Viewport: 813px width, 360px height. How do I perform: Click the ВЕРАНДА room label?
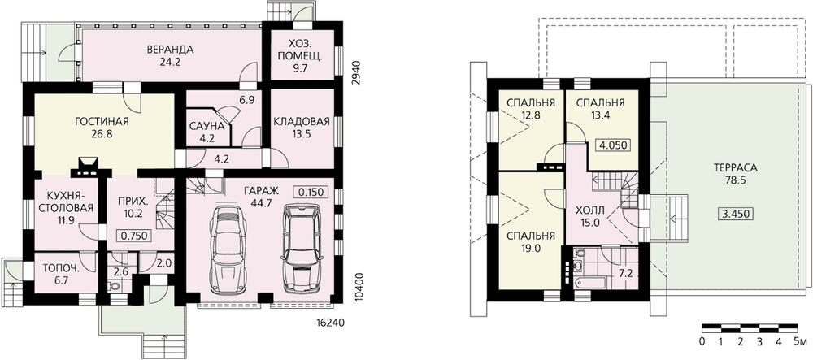[x=170, y=50]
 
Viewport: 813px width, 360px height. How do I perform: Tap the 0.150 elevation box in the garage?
[x=311, y=192]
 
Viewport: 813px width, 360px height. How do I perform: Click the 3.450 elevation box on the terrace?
[x=736, y=214]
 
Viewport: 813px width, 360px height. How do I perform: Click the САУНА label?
[x=207, y=127]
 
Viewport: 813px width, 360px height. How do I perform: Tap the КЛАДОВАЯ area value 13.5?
[x=301, y=133]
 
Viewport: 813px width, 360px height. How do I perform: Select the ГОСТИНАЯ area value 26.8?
[x=102, y=133]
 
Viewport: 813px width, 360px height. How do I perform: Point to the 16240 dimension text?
[x=330, y=322]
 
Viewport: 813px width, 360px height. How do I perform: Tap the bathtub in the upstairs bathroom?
[x=589, y=283]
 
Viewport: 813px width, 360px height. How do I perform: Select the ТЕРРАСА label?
[x=735, y=168]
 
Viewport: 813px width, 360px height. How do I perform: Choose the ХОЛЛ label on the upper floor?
[x=589, y=210]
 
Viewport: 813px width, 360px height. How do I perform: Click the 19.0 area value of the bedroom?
[x=529, y=248]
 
